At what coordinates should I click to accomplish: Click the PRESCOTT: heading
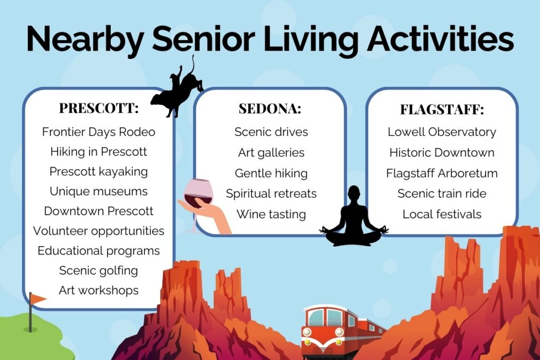(x=99, y=108)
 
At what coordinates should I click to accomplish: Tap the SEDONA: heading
(x=270, y=109)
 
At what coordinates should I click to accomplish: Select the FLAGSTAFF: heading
(x=442, y=110)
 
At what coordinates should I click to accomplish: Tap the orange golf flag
(x=37, y=299)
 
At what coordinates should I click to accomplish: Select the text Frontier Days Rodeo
(x=99, y=132)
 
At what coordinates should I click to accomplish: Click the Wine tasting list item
(x=271, y=215)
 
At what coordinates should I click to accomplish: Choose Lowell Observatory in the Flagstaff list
(x=442, y=132)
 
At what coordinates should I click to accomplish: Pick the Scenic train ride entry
(x=442, y=193)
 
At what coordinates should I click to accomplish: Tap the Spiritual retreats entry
(x=271, y=194)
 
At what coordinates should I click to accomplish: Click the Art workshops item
(x=99, y=290)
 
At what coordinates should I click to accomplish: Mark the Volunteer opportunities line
(x=99, y=231)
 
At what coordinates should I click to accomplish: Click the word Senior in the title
(x=204, y=38)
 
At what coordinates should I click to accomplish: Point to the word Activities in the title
(x=440, y=38)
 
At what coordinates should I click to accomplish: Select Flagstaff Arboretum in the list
(x=442, y=173)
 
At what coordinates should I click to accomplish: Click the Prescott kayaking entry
(x=99, y=172)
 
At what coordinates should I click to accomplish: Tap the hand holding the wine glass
(x=207, y=213)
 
